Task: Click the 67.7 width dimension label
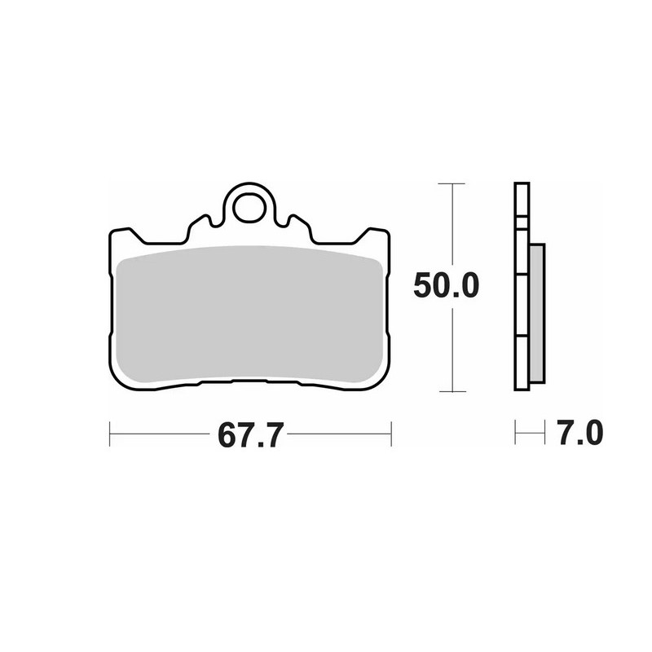(250, 435)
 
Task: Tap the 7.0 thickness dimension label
(579, 433)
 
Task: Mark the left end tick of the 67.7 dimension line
(109, 434)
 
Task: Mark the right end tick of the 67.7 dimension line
(392, 434)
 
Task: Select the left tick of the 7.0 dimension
(514, 433)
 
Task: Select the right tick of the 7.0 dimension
(544, 433)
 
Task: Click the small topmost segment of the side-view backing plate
(522, 200)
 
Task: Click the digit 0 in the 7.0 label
(593, 433)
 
